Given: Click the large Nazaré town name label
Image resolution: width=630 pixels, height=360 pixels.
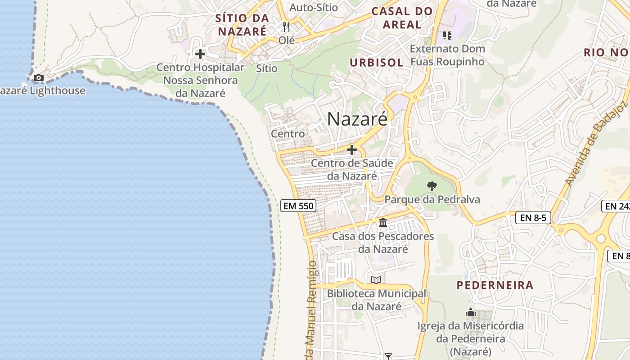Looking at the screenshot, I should (357, 119).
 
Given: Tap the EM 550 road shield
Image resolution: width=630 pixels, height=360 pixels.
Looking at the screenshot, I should (298, 206).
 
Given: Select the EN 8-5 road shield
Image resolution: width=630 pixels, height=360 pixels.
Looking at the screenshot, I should (533, 218).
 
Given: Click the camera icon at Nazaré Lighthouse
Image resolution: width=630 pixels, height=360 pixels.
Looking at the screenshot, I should (39, 78).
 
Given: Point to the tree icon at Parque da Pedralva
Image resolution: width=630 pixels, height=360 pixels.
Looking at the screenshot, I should (432, 185).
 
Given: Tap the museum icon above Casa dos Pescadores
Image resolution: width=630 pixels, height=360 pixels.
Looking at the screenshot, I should (383, 222).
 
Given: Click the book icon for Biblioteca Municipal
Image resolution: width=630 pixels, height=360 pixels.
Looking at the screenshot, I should (376, 280).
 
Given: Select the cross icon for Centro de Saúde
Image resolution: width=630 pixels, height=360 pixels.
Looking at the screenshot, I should (352, 150).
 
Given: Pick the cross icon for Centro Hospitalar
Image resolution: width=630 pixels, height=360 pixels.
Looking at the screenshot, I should (200, 54).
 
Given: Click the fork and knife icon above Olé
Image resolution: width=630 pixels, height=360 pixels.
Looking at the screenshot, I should (286, 27).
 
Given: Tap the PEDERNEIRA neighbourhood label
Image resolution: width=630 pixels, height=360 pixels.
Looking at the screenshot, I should (495, 285).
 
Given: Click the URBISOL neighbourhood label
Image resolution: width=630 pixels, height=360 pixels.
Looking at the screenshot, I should (377, 63).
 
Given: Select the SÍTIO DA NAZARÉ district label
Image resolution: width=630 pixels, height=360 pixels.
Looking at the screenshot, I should (242, 25).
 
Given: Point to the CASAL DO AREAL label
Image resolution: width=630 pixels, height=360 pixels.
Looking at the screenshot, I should (402, 18).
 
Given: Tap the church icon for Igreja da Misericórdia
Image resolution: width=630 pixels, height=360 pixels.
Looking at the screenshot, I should (470, 312).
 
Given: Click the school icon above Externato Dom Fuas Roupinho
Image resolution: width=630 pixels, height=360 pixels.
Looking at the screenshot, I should (447, 35).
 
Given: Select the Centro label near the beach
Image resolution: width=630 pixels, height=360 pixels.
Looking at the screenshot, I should (288, 134).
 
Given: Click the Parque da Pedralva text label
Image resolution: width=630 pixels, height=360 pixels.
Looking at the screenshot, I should (432, 199).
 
